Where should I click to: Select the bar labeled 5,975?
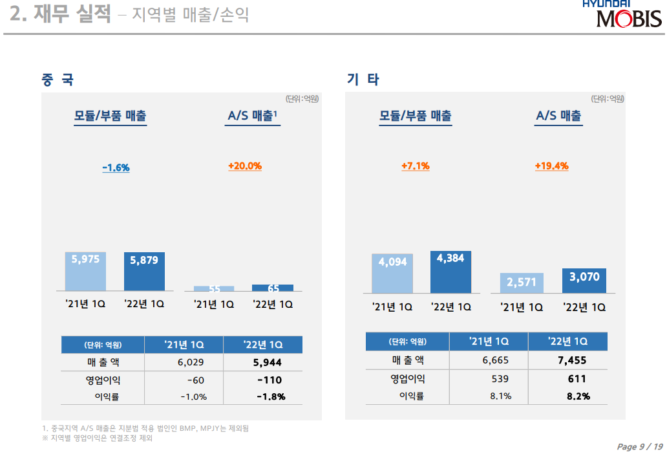pyautogui.click(x=85, y=271)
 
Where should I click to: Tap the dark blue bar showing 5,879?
pyautogui.click(x=144, y=271)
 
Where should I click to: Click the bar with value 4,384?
pyautogui.click(x=450, y=272)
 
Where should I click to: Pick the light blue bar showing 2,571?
pyautogui.click(x=522, y=283)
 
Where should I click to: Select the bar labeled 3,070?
pyautogui.click(x=584, y=280)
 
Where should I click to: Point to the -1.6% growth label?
pyautogui.click(x=116, y=168)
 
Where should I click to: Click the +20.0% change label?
pyautogui.click(x=245, y=166)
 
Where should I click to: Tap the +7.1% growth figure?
pyautogui.click(x=416, y=166)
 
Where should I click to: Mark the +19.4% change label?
pyautogui.click(x=551, y=166)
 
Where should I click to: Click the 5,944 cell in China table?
pyautogui.click(x=267, y=363)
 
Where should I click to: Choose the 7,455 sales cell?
pyautogui.click(x=572, y=360)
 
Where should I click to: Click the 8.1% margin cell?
pyautogui.click(x=500, y=396)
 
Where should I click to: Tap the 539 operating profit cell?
pyautogui.click(x=500, y=378)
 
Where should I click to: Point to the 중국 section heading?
pyautogui.click(x=58, y=80)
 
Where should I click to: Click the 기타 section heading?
pyautogui.click(x=363, y=80)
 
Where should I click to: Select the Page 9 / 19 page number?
pyautogui.click(x=640, y=447)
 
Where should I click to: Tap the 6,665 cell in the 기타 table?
pyautogui.click(x=496, y=360)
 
